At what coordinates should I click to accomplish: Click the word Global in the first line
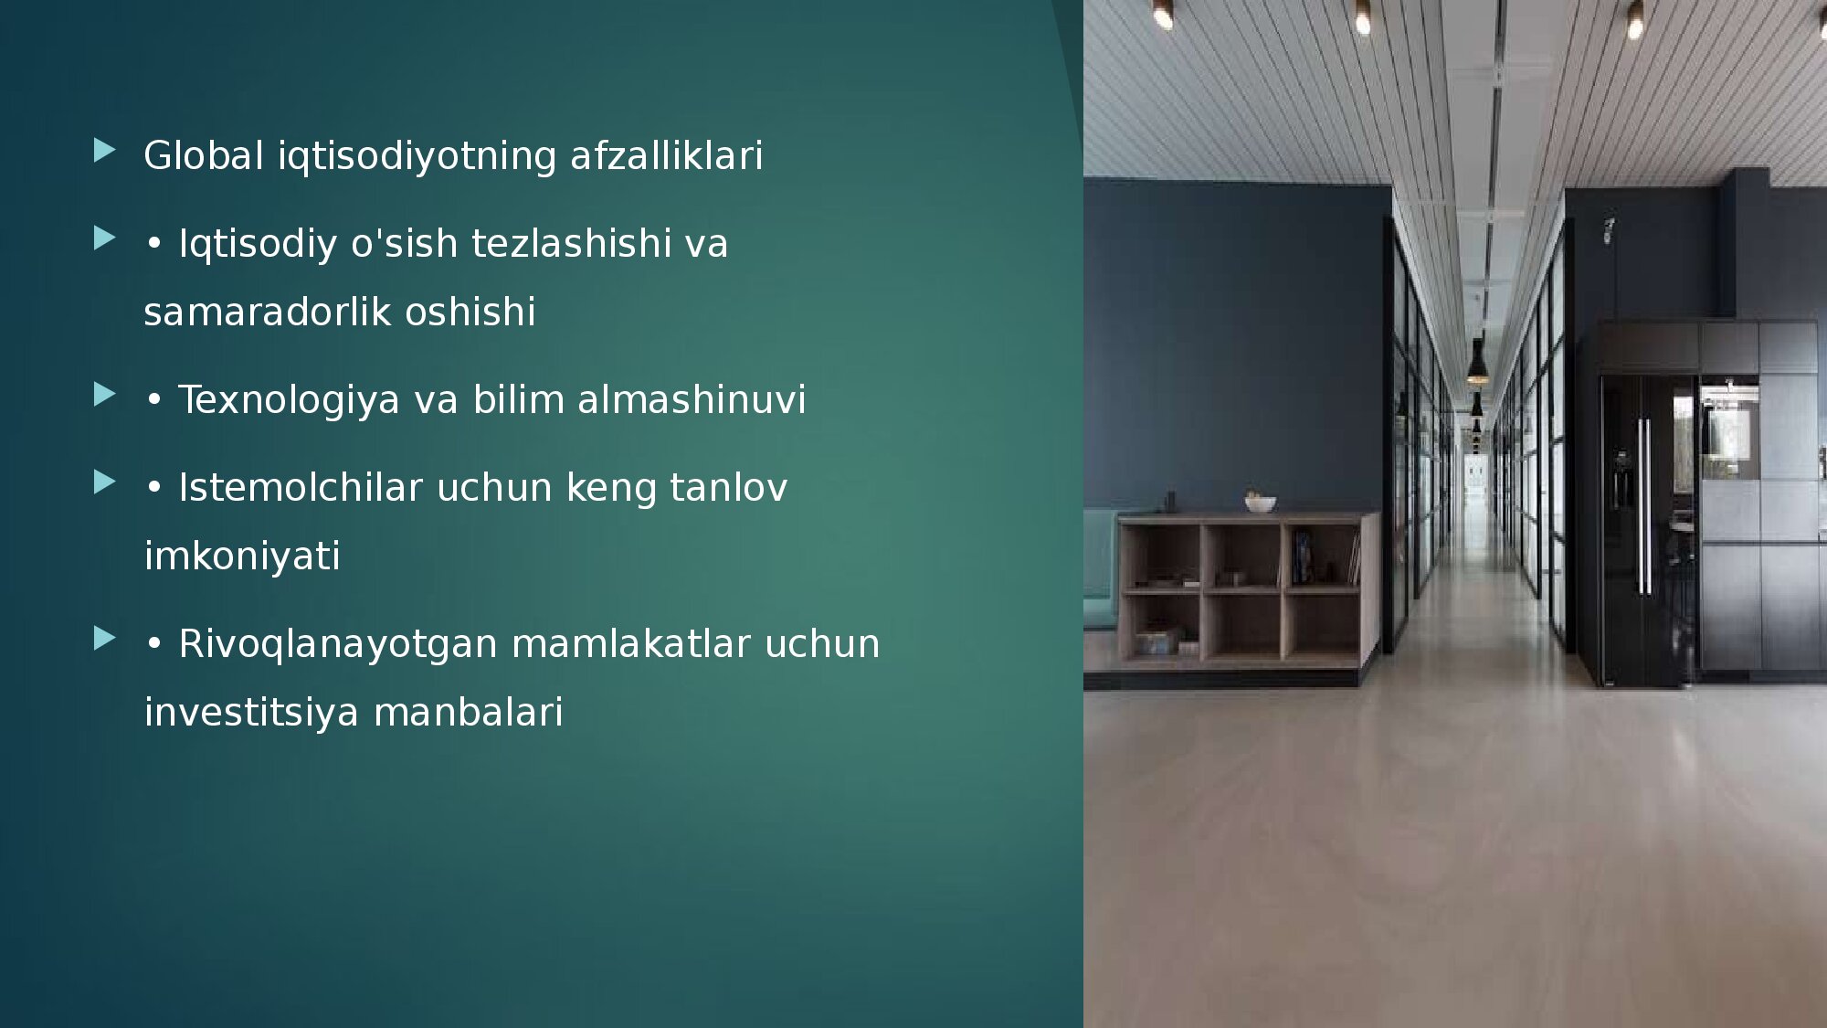pos(204,155)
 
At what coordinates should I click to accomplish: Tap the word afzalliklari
pos(666,155)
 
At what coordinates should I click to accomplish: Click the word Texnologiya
pos(289,400)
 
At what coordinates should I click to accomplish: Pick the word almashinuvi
pos(692,399)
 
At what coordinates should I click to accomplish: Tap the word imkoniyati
pos(242,556)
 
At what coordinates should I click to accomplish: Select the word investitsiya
pos(251,713)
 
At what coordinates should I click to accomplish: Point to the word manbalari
pos(468,712)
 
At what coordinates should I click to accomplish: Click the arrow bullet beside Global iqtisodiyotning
pos(104,151)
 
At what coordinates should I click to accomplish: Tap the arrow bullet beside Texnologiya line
pos(104,395)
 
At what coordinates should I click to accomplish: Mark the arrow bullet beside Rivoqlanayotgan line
pos(104,639)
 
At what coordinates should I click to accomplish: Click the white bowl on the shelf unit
pos(1260,503)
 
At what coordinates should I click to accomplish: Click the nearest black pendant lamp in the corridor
pos(1476,361)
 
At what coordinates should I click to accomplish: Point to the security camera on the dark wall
pos(1607,230)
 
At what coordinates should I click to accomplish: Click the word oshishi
pos(470,312)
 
